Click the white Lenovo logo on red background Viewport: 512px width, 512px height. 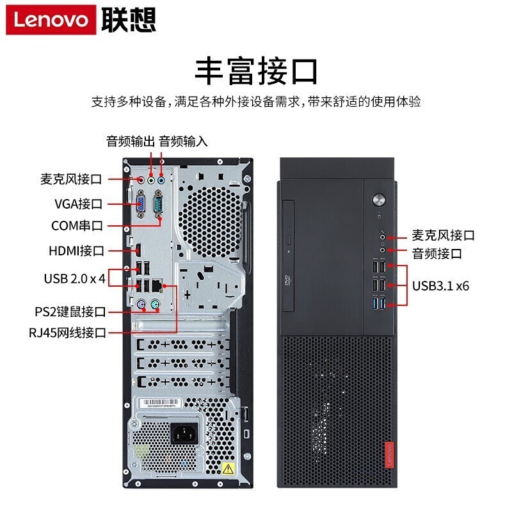coord(51,20)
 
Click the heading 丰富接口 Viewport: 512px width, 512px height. coord(256,71)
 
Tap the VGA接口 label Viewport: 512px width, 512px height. coord(78,204)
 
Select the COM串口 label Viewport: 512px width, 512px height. coord(77,226)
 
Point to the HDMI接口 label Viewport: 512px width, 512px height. coord(76,251)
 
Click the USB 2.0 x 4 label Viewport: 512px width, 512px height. coord(75,278)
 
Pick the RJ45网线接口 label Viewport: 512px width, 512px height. coord(68,333)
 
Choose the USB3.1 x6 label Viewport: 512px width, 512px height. coord(440,285)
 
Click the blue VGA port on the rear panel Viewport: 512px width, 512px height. coord(141,204)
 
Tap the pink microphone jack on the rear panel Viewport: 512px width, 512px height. coord(141,180)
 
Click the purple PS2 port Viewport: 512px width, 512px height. coord(141,305)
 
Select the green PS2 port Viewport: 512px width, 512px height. coord(156,305)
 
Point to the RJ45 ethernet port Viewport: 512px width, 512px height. coord(157,285)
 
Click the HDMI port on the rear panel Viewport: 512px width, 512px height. coord(138,250)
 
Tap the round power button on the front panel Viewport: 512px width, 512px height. coord(379,200)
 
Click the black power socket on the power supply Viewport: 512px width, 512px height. coord(184,433)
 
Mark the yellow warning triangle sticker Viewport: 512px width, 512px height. coord(228,469)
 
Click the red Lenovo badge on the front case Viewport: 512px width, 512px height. coord(390,455)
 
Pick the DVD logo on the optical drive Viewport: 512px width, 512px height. coord(287,280)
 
